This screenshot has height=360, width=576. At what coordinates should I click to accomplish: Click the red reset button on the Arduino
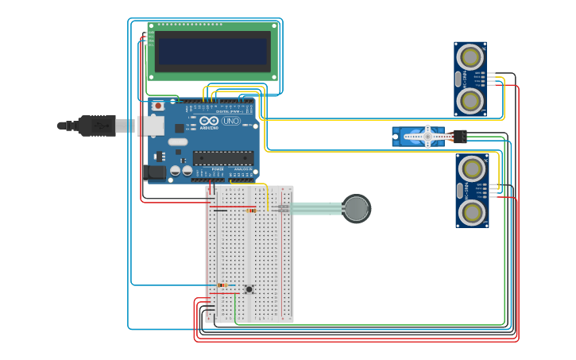point(157,105)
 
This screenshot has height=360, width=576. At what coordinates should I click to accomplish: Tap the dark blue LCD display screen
point(212,51)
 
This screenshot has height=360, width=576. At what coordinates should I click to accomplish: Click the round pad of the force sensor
point(357,209)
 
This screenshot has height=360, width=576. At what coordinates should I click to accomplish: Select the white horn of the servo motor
point(427,137)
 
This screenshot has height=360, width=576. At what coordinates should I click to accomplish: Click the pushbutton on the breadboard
point(249,289)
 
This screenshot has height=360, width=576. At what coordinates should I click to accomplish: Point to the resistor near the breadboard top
point(251,211)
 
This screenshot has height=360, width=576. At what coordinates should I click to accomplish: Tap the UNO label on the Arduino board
point(230,122)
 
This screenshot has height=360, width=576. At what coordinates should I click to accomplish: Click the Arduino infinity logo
point(209,121)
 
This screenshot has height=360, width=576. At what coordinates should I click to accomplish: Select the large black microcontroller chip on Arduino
point(223,157)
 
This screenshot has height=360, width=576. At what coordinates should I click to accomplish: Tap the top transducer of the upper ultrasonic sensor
point(470,57)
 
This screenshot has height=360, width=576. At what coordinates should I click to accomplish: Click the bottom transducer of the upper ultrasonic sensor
point(470,100)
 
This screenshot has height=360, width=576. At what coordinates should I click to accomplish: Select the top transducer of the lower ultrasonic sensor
point(472,168)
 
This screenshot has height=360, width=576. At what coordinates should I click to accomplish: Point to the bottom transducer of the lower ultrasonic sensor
point(472,211)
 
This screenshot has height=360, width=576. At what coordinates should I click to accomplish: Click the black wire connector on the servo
point(460,136)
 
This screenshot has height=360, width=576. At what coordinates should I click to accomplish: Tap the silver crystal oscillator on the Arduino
point(177,142)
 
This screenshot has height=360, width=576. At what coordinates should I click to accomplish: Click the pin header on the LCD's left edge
point(149,39)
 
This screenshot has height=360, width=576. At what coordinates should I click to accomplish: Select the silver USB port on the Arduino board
point(151,126)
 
